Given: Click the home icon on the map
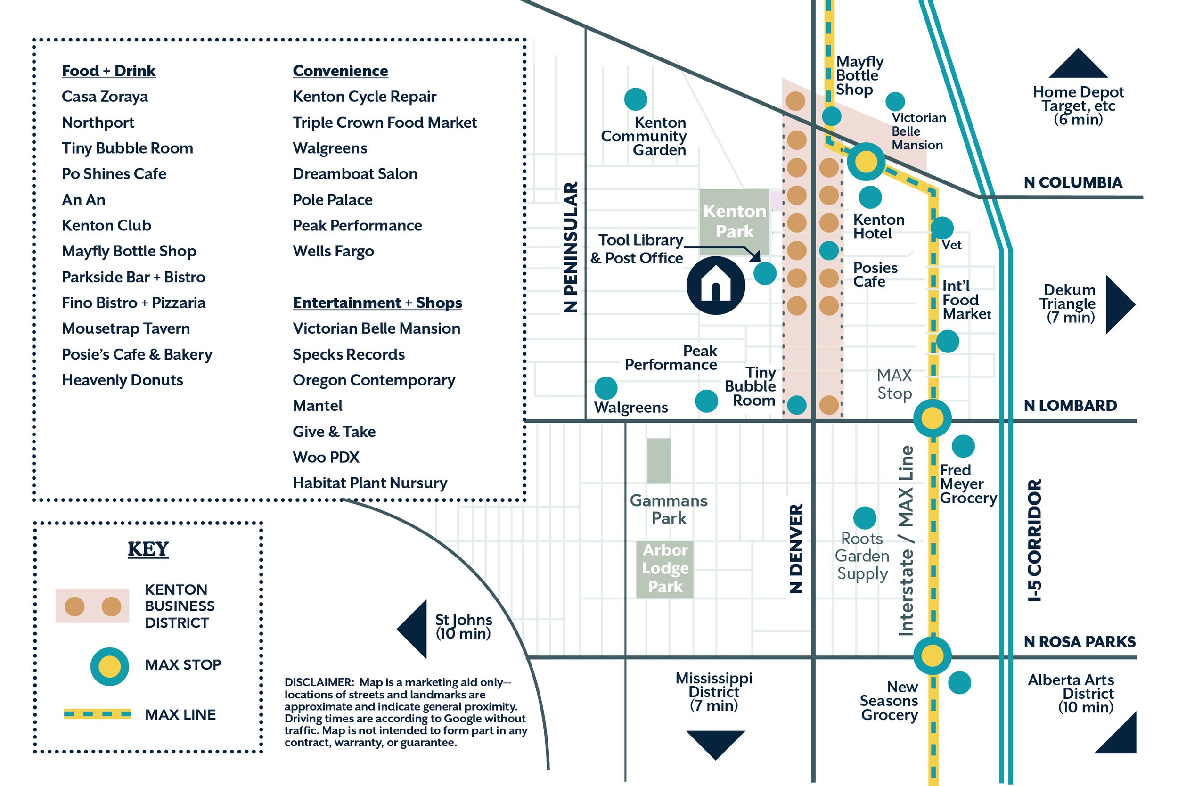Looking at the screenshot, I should click(715, 286).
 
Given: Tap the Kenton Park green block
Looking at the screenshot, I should click(735, 221).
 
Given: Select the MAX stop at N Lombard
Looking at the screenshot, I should click(932, 418).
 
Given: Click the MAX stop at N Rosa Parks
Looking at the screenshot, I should click(932, 655).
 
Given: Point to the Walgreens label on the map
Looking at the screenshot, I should click(630, 408).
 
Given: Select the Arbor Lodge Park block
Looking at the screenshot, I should click(665, 569).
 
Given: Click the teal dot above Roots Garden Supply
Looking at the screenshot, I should click(865, 518).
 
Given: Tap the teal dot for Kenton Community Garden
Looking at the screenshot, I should click(635, 99).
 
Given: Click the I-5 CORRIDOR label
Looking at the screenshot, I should click(1035, 540).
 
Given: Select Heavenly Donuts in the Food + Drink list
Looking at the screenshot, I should click(122, 380).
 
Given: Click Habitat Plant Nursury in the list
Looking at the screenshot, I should click(370, 483).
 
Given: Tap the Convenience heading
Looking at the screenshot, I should click(340, 71).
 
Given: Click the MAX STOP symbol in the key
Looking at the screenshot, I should click(109, 667).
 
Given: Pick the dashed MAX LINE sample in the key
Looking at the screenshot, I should click(97, 714).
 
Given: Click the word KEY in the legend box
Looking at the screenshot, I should click(148, 549).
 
